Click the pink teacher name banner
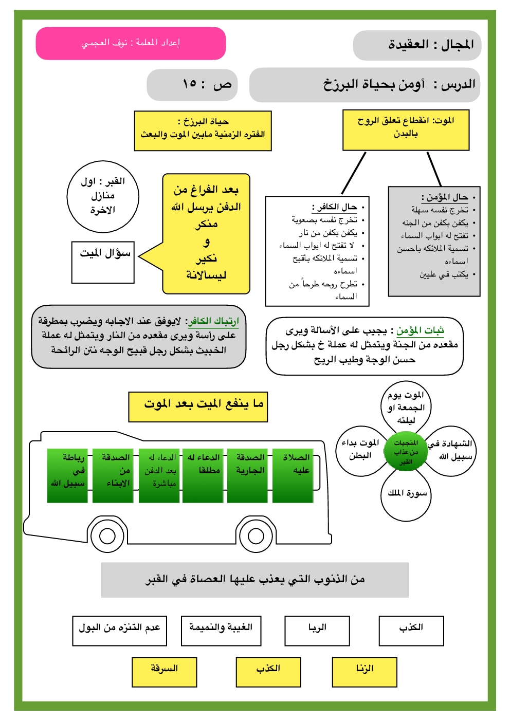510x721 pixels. (x=131, y=43)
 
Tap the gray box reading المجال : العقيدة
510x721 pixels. (x=417, y=45)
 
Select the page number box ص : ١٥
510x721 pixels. (x=193, y=85)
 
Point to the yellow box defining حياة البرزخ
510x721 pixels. (x=203, y=131)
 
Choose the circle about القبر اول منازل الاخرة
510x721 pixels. (x=103, y=196)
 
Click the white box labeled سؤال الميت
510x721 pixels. (x=103, y=262)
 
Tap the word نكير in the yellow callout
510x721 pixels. (x=206, y=258)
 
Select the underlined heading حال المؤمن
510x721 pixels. (x=445, y=197)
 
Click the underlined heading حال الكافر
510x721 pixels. (x=335, y=207)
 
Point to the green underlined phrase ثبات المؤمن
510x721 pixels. (x=420, y=330)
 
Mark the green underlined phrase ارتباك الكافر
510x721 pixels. (x=213, y=322)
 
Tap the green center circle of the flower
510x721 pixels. (x=406, y=452)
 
